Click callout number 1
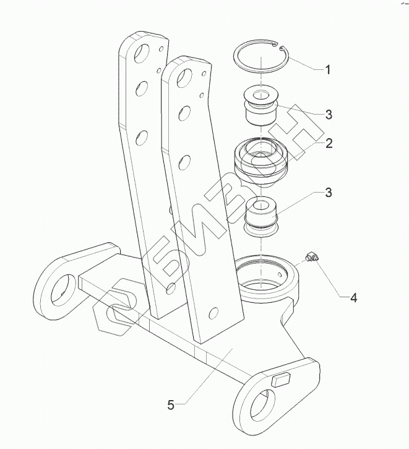tap(328, 70)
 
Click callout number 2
tap(329, 143)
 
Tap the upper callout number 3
tap(329, 115)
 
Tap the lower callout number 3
tap(329, 193)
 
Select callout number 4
tap(354, 298)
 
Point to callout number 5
tap(171, 405)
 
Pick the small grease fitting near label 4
tap(312, 256)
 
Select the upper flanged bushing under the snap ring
tap(260, 107)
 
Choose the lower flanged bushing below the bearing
tap(261, 217)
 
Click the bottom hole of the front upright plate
tap(213, 313)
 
